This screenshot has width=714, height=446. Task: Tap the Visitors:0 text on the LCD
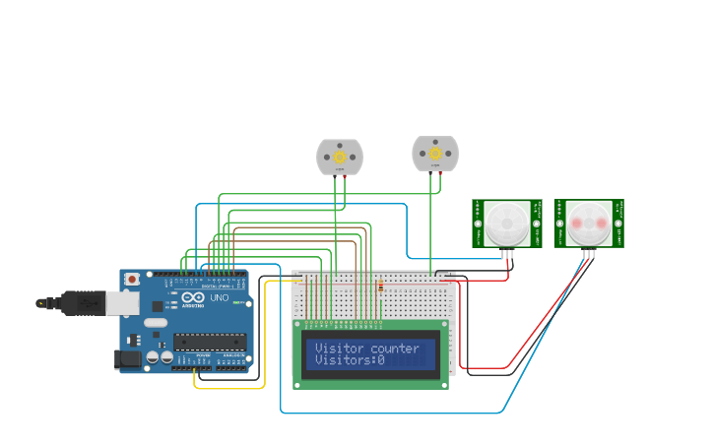tap(350, 361)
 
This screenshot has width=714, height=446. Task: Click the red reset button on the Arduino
tap(133, 280)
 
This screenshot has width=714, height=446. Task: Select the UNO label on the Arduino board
tap(220, 297)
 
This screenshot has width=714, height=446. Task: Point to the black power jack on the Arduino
tap(128, 360)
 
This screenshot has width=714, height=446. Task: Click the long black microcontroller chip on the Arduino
tap(209, 342)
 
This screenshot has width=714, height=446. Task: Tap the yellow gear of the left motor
tap(340, 157)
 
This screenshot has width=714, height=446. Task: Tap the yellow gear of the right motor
tap(434, 154)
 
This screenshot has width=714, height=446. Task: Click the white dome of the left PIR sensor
tap(506, 223)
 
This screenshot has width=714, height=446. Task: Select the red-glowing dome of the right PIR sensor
tap(588, 223)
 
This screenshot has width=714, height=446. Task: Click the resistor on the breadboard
tap(381, 287)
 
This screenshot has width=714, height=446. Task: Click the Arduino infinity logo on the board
tap(193, 297)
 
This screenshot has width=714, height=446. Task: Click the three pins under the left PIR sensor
tap(506, 254)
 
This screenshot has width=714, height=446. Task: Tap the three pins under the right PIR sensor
tap(588, 254)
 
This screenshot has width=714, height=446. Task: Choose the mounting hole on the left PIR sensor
tap(478, 223)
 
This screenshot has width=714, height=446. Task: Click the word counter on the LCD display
tap(395, 349)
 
